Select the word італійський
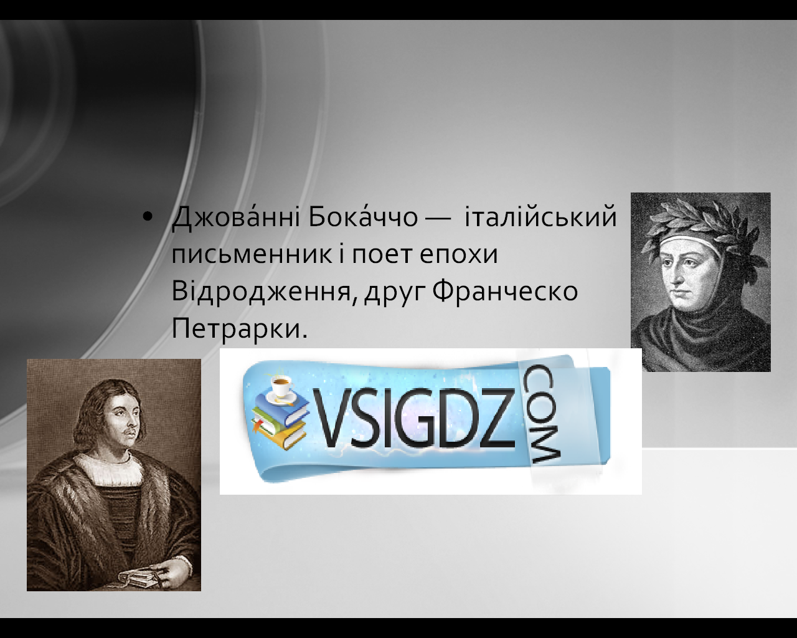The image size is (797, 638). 540,216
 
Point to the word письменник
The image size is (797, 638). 252,255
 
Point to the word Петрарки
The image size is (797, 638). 239,329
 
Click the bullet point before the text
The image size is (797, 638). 148,218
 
